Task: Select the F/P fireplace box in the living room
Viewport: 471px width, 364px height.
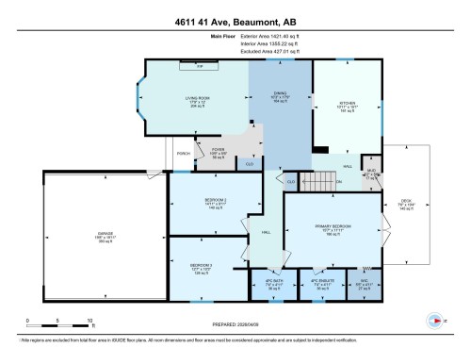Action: point(199,66)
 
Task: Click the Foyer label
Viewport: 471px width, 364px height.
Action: point(219,148)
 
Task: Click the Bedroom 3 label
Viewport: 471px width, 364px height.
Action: point(201,267)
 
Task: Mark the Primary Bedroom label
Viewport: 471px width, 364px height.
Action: point(331,229)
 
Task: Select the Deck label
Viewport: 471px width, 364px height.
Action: point(407,202)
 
